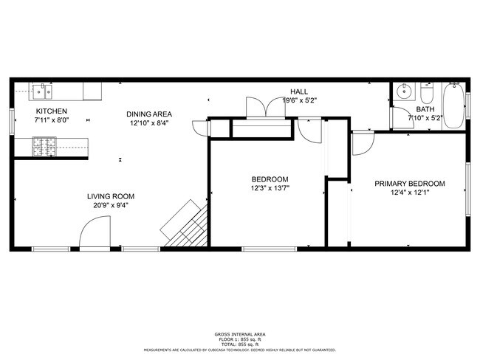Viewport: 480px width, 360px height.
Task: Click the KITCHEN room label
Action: pyautogui.click(x=51, y=111)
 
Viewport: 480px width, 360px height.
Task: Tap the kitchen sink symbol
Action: pyautogui.click(x=41, y=92)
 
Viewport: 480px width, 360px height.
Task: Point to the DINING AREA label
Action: pyautogui.click(x=149, y=114)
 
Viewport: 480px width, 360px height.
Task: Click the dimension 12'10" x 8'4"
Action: pyautogui.click(x=149, y=123)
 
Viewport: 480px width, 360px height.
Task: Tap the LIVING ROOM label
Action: pyautogui.click(x=111, y=196)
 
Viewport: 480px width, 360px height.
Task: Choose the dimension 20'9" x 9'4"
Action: pyautogui.click(x=111, y=206)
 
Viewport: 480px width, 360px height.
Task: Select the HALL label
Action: pyautogui.click(x=298, y=91)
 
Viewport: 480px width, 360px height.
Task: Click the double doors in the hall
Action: pyautogui.click(x=264, y=108)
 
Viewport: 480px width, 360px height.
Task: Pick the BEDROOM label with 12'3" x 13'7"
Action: pyautogui.click(x=270, y=179)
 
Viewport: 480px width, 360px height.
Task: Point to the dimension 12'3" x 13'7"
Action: pyautogui.click(x=270, y=188)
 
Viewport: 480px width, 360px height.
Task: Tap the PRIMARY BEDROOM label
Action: pyautogui.click(x=409, y=184)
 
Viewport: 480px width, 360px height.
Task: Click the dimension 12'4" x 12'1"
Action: pyautogui.click(x=409, y=193)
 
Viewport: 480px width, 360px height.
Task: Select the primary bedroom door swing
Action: pyautogui.click(x=363, y=143)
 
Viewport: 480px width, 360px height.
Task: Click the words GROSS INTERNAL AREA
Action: pyautogui.click(x=240, y=334)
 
